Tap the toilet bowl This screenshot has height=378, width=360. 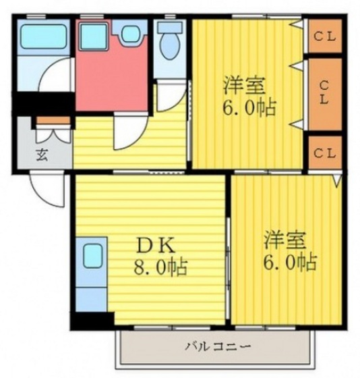click(x=170, y=44)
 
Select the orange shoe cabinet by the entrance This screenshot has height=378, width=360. click(x=53, y=122)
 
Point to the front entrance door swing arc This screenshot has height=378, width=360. click(x=47, y=189)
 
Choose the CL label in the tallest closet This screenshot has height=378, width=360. click(x=324, y=94)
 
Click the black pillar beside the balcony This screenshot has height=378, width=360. click(x=92, y=321)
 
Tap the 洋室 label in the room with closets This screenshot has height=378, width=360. click(x=245, y=86)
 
